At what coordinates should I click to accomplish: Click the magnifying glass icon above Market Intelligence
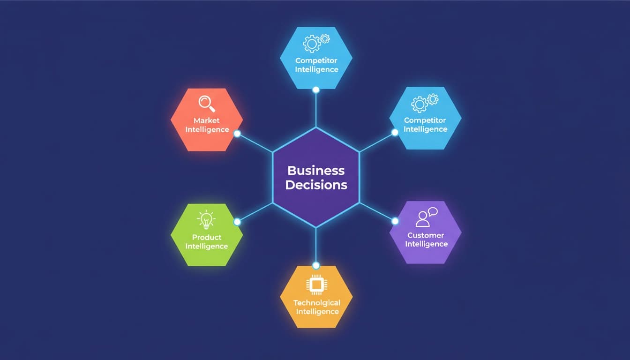point(207,104)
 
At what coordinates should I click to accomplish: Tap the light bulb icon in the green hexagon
point(206,219)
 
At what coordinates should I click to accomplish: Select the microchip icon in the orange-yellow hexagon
point(316,285)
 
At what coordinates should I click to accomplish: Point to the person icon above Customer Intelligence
point(422,219)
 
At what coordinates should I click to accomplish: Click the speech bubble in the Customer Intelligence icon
point(433,211)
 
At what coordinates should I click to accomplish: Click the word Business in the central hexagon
point(316,171)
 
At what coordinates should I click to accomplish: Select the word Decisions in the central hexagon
point(316,185)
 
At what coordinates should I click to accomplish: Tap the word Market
point(206,120)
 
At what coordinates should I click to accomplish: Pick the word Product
point(207,237)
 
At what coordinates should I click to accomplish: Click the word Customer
point(426,235)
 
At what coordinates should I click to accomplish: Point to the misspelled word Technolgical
point(317,303)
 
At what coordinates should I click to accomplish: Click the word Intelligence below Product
point(207,247)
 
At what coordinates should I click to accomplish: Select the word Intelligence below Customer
point(427,244)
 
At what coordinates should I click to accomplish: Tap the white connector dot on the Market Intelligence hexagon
point(237,134)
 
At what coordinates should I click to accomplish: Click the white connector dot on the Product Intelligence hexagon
point(237,222)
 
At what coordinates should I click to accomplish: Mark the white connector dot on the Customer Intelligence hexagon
point(395,221)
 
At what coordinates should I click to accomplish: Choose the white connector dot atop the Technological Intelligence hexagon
point(316,265)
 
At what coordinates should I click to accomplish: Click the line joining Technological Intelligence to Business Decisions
point(316,245)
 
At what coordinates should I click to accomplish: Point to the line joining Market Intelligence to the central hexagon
point(255,143)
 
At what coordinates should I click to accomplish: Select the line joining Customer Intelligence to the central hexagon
point(376,212)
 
